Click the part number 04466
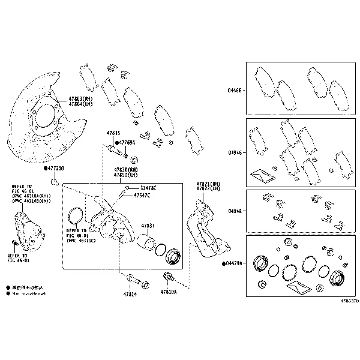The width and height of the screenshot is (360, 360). pos(235,91)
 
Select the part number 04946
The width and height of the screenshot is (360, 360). pos(235,153)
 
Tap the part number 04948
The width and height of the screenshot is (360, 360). pos(235,211)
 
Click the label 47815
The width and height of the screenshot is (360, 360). pos(113,133)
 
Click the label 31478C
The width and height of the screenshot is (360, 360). pos(145,188)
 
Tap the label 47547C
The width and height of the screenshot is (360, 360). pos(142,196)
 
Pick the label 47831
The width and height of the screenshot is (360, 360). pos(148,226)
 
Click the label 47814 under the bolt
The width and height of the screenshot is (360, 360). pos(130,295)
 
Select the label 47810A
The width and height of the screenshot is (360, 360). pos(169,292)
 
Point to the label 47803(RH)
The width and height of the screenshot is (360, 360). pos(80,98)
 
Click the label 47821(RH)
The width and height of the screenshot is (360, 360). pos(208,182)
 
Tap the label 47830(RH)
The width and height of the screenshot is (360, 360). pos(126,170)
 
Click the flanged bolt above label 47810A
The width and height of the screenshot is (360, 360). pos(168,277)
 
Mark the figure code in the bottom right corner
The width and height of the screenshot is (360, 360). pos(349,301)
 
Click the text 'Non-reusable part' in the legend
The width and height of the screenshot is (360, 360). pos(27,294)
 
